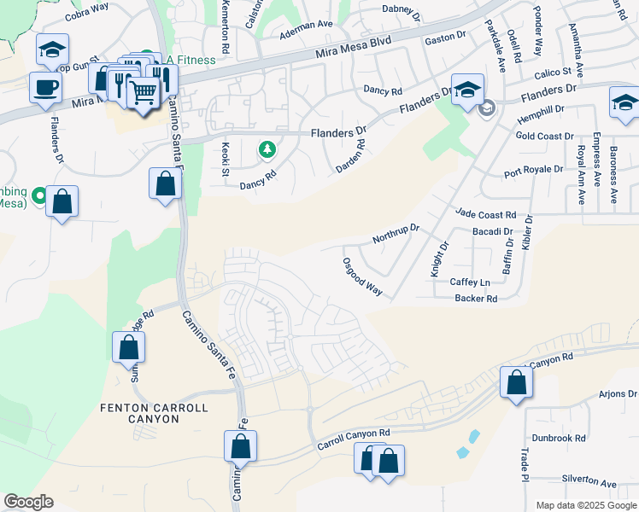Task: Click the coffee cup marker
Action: [44, 86]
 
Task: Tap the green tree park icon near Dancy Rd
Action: [267, 149]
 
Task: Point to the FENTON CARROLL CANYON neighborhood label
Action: [154, 414]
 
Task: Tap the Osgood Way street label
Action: [361, 276]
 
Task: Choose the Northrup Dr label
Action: [396, 234]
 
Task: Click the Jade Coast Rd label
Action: [486, 215]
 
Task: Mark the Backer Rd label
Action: [476, 299]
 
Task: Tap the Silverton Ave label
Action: [589, 483]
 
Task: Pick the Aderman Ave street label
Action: [307, 36]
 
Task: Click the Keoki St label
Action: [226, 160]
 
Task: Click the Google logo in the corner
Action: [28, 502]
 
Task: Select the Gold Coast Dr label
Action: [544, 136]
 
